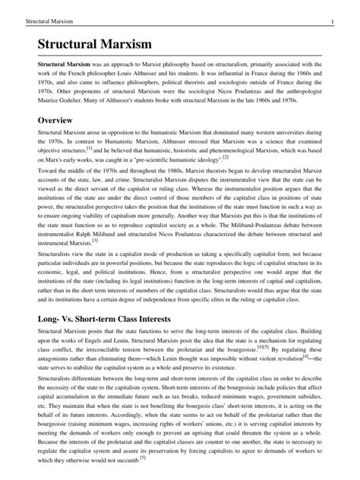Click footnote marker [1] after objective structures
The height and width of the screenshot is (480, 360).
click(89, 158)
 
